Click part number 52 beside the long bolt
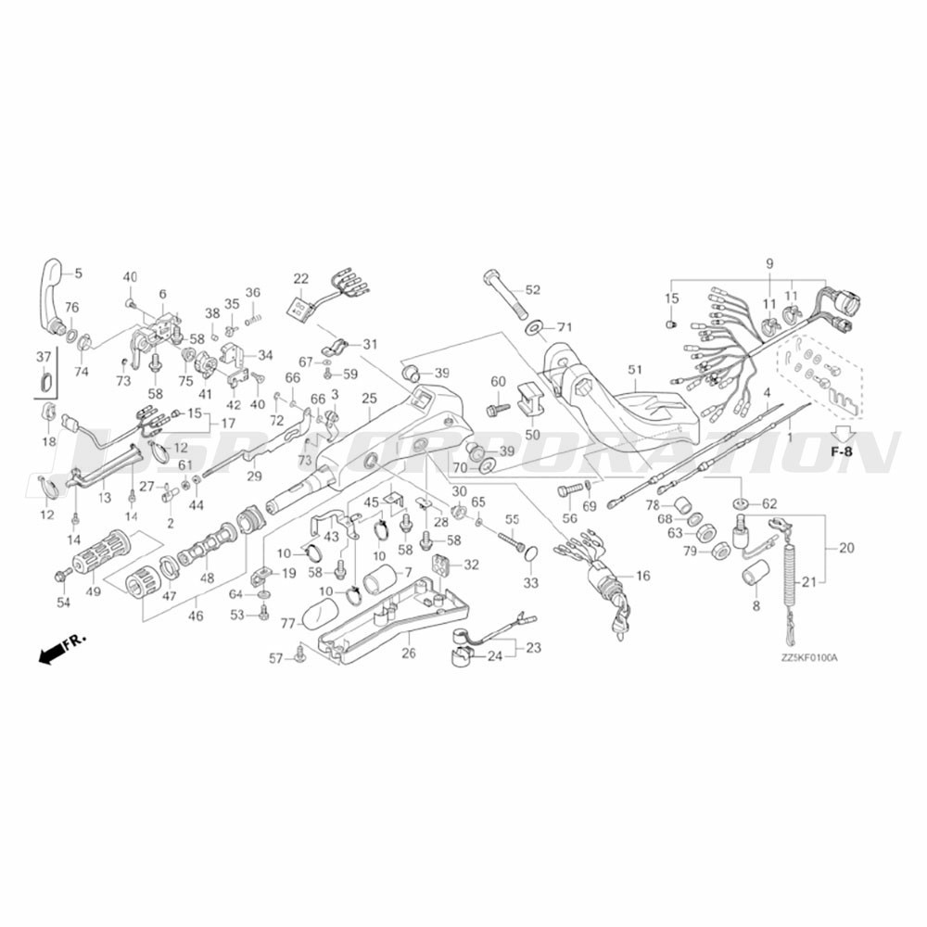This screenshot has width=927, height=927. pyautogui.click(x=532, y=290)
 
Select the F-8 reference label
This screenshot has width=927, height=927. pyautogui.click(x=843, y=451)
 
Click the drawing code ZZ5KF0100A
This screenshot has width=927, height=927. pyautogui.click(x=808, y=659)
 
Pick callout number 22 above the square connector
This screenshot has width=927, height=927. pyautogui.click(x=300, y=278)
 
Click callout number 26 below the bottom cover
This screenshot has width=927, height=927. pyautogui.click(x=409, y=653)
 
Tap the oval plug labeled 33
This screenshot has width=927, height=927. pyautogui.click(x=531, y=555)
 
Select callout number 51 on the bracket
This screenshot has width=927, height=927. pyautogui.click(x=635, y=370)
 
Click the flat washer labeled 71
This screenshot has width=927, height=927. pyautogui.click(x=535, y=328)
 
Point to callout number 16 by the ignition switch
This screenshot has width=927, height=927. pyautogui.click(x=642, y=576)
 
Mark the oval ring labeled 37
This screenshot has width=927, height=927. pyautogui.click(x=44, y=380)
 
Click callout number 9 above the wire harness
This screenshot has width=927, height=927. pyautogui.click(x=768, y=264)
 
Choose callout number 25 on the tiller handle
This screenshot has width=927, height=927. pyautogui.click(x=369, y=398)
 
